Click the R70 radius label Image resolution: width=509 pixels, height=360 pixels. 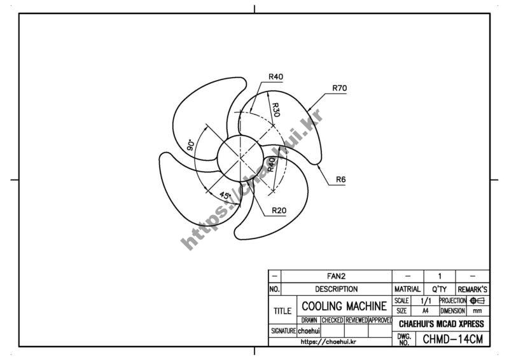pos(339,88)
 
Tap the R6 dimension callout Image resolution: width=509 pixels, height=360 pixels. pos(340,180)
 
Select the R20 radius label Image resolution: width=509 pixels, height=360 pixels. pos(278,210)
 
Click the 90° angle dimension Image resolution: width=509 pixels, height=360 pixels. pos(190,145)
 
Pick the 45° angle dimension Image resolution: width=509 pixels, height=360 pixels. pos(225,195)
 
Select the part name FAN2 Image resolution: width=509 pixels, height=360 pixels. pos(336,277)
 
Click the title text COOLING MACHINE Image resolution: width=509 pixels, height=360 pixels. pos(344,306)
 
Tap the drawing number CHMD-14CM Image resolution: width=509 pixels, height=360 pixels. pos(452,339)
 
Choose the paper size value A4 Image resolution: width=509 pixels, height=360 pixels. pos(425,311)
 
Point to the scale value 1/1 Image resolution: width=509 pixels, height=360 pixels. pos(425,300)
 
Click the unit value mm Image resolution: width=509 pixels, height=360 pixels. pos(478,311)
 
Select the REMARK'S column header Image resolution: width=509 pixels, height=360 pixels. pos(471,289)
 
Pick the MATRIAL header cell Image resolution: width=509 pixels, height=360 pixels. pos(407,289)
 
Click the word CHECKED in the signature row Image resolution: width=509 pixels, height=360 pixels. pos(332,320)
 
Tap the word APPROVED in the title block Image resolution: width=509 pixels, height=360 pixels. pos(380,320)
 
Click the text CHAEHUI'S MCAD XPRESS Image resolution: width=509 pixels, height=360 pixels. pos(441,324)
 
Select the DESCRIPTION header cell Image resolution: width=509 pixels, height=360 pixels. pos(336,289)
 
